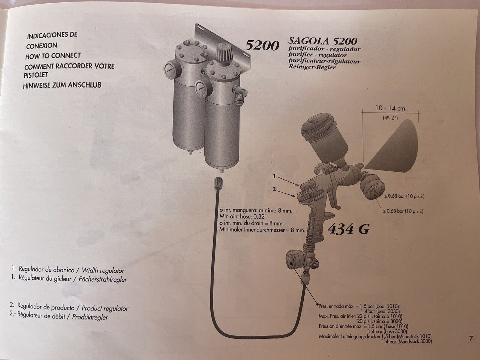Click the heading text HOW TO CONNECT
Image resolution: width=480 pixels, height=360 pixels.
pos(53,56)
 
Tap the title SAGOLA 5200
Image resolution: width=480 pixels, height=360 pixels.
pos(323,41)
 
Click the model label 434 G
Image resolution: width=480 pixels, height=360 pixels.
pos(348,229)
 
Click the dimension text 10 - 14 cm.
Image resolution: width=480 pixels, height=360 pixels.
pos(391,108)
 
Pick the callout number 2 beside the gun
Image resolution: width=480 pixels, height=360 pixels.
pos(274,190)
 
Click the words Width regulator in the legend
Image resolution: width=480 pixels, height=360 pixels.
pos(103,270)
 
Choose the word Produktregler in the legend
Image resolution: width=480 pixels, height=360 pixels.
pos(90,317)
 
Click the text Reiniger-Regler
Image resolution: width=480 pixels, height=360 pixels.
pos(312,67)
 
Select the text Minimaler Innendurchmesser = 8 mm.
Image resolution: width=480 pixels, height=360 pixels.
pos(262,230)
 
